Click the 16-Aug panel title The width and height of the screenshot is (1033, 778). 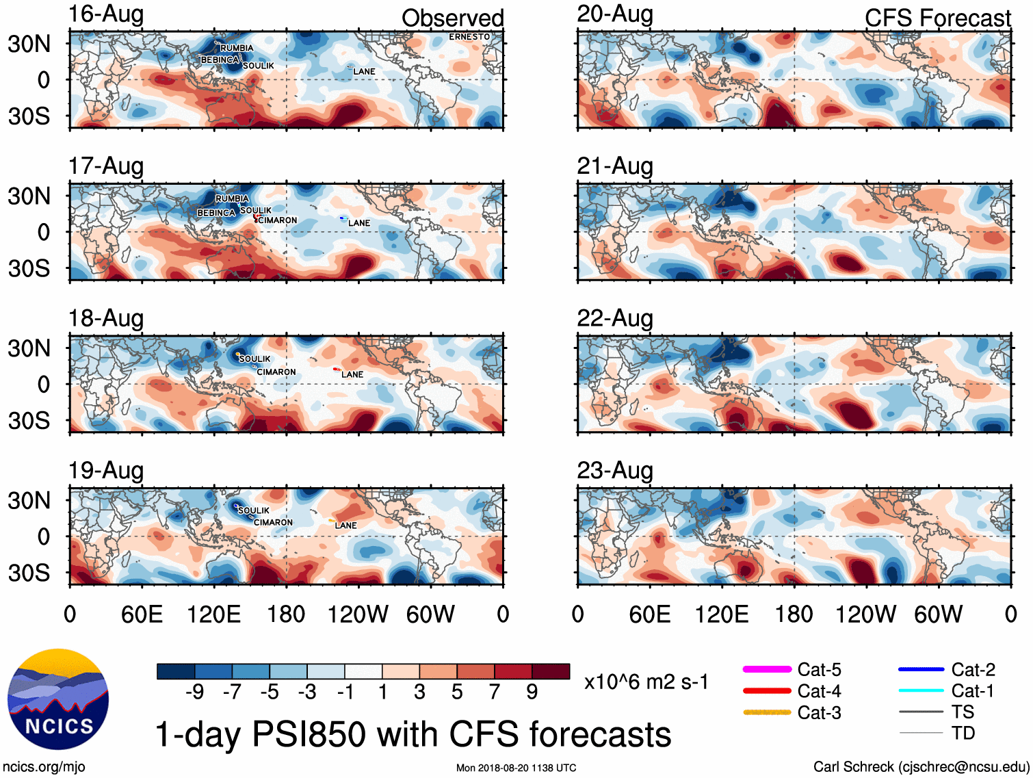coord(106,14)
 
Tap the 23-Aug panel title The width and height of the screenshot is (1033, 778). coord(614,471)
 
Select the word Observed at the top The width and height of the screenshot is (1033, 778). coord(452,18)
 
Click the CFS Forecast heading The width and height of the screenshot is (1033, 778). coord(937,18)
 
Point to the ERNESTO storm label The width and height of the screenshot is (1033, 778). coord(469,37)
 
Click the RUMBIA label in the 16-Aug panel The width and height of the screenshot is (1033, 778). coord(237,48)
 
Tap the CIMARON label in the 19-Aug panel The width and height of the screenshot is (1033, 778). coord(273,522)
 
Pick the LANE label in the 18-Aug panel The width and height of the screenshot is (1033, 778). coord(352,374)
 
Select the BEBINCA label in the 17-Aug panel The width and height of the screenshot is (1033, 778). coord(216,213)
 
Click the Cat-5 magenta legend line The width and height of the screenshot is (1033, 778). coord(767,669)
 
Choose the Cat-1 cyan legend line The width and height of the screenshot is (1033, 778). coord(921,690)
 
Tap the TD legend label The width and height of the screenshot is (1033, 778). coord(963,733)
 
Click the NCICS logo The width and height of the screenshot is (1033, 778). coord(58,699)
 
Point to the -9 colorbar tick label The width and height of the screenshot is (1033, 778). coord(194,692)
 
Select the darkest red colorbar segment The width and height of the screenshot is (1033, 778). coord(551,671)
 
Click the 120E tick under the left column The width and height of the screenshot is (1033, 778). coord(214,614)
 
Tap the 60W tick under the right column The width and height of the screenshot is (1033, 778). coord(938,614)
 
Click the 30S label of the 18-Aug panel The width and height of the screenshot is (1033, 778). coord(29,420)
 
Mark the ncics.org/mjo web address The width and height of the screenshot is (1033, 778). coord(44,767)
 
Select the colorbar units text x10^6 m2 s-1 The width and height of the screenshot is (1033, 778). coord(646,682)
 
